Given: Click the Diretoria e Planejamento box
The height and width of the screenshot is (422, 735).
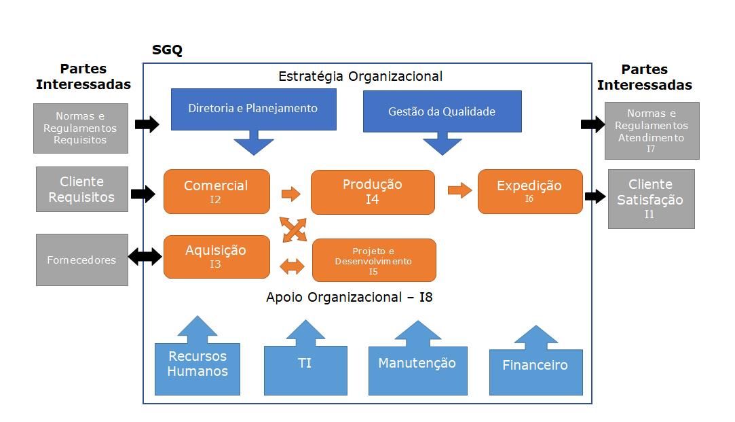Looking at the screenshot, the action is point(254,109).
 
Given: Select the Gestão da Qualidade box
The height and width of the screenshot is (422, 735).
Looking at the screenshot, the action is point(442,111).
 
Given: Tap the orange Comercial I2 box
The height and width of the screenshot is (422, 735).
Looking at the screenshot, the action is point(216,192).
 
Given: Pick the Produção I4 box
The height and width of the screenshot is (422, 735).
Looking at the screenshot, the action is point(373,192).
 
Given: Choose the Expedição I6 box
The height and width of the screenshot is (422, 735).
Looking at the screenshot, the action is point(530,192).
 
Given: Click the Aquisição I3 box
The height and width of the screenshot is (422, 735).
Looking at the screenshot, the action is point(216,257).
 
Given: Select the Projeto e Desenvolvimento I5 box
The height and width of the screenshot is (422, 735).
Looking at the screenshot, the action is point(374,260).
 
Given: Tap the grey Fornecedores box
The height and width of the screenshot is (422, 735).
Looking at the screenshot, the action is point(82,260).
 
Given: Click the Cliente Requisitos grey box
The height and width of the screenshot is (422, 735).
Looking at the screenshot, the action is point(82,189).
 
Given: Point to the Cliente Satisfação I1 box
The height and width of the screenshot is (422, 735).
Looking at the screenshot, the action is point(651,199).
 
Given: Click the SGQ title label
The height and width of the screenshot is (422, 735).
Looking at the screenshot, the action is point(168,50).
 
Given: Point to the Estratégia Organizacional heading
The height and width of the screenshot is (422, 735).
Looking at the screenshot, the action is point(360,77).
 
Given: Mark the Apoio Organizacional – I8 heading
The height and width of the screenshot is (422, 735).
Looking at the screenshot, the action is point(350,297).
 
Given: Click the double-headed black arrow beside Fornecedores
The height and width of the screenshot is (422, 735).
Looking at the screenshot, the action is point(145,257).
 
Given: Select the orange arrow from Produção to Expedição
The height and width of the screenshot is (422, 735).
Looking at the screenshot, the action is point(460,190).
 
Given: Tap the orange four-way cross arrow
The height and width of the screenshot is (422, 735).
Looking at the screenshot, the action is point(294,230).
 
